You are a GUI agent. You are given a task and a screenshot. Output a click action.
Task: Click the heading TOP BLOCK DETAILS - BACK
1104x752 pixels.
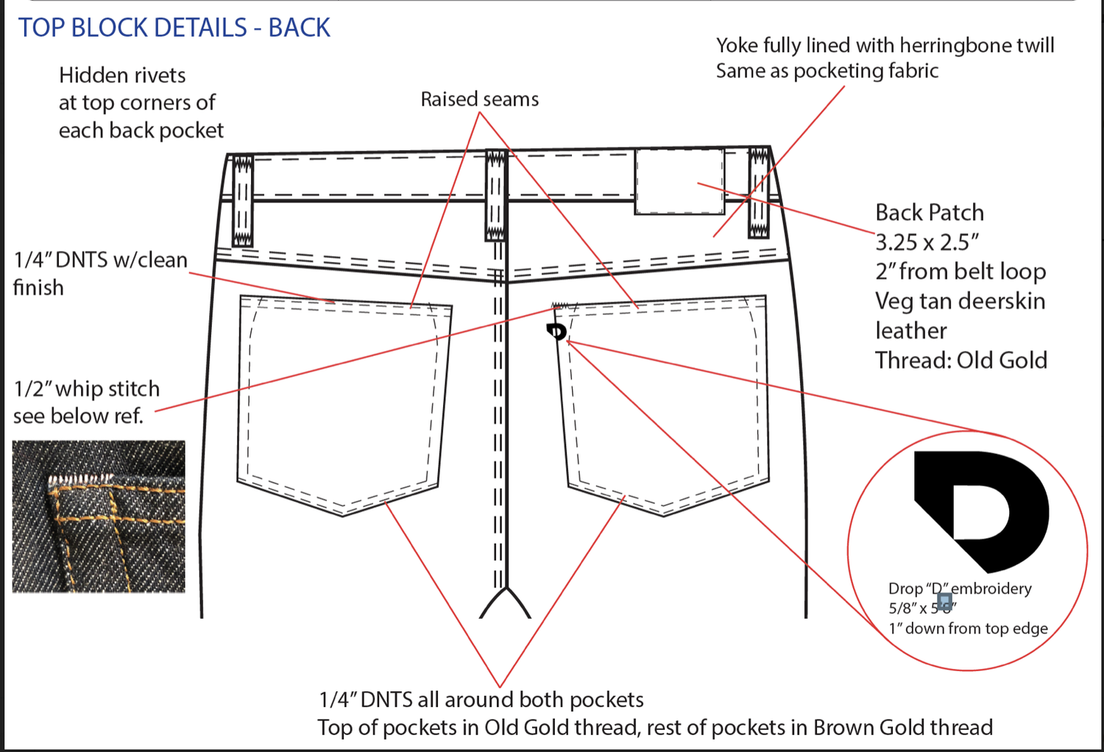point(174,28)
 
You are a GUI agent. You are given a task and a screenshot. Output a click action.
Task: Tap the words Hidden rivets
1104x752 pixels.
point(122,75)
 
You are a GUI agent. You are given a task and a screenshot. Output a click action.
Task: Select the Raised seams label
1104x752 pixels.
point(479,99)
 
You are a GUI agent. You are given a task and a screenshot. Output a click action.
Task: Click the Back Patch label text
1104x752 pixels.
point(929,213)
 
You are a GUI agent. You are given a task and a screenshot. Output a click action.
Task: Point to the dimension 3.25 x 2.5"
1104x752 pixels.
point(927,242)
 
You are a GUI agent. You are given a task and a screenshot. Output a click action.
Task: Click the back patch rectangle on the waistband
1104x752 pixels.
point(679,181)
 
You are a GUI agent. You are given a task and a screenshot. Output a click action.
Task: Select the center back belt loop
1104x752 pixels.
point(495,196)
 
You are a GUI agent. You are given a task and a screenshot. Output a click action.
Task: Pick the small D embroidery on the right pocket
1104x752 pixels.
point(557,331)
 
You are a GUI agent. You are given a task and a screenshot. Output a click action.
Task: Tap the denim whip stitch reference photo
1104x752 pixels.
point(99,516)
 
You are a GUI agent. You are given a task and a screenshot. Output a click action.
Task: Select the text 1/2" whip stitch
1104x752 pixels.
point(87,389)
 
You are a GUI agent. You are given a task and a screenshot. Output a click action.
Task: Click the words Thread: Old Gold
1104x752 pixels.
point(960,361)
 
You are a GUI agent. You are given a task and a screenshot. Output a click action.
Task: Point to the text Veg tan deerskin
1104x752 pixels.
point(960,301)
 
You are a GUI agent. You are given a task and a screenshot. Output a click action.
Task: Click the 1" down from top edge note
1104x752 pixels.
point(968,628)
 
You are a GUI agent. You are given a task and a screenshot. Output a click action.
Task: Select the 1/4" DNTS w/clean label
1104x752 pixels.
point(100,260)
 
